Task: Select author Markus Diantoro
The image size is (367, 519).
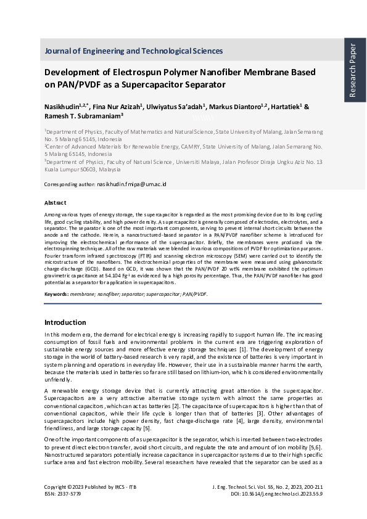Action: pos(232,107)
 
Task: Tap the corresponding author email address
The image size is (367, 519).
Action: pos(131,184)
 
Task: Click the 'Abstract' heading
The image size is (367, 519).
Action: pos(56,202)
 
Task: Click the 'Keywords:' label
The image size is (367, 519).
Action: pos(56,294)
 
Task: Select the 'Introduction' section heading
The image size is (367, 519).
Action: pos(65,322)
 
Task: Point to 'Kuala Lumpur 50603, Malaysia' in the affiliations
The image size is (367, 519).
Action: pos(83,168)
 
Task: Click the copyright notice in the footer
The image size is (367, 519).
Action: pos(91,487)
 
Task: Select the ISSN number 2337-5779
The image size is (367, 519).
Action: pos(68,494)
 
